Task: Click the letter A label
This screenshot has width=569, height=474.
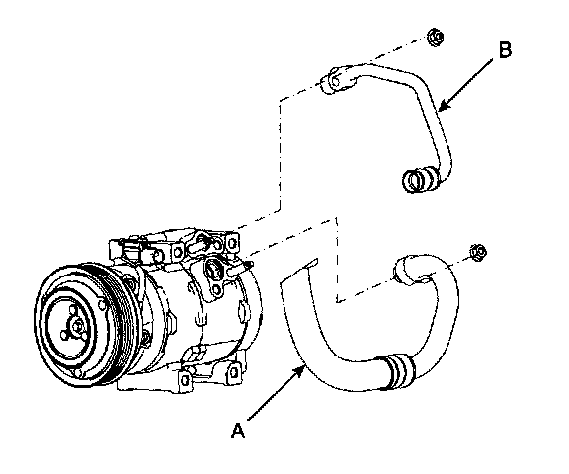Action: tap(238, 431)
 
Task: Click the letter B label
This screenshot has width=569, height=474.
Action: tap(505, 49)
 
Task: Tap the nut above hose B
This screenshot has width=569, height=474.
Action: tap(435, 37)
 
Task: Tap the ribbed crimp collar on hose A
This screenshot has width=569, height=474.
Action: tap(398, 372)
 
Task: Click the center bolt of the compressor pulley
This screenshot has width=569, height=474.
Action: tap(78, 325)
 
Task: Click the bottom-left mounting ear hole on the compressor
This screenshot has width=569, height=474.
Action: tap(185, 380)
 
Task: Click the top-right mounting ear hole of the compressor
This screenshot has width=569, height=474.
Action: tap(231, 241)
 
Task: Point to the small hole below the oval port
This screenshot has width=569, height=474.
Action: tap(217, 289)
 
